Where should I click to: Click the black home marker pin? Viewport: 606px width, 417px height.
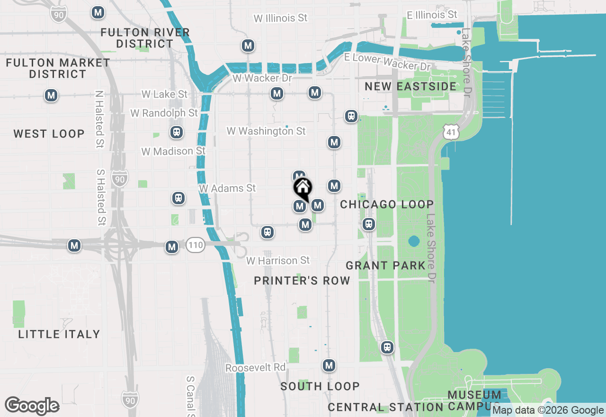303,189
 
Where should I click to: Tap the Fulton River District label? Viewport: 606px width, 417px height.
145,38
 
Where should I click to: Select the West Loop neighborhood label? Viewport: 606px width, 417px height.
49,134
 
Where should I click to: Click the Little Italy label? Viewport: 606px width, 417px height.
59,334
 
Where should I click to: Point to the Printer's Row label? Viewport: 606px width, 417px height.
302,281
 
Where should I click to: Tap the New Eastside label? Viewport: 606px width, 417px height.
410,86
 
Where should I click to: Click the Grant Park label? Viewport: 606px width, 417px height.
385,265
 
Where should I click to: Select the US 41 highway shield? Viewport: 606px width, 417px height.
452,132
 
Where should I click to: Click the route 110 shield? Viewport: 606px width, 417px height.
195,245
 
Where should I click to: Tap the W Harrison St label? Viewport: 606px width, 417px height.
278,261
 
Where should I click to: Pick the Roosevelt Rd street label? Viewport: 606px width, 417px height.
256,368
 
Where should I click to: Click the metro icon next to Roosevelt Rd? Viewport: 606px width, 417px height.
329,365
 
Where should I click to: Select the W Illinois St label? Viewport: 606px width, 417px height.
280,18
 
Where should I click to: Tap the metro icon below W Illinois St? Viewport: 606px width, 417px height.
248,46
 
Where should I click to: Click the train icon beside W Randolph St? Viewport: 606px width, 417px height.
177,132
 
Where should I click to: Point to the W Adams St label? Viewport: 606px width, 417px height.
227,188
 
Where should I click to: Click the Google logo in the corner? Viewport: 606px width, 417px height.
32,406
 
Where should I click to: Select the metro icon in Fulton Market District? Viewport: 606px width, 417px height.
51,95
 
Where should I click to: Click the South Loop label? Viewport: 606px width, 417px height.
320,386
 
